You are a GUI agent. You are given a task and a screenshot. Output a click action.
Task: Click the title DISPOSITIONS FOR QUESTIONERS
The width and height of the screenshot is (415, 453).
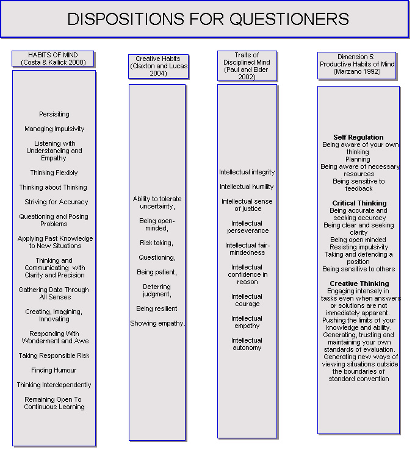point(208,19)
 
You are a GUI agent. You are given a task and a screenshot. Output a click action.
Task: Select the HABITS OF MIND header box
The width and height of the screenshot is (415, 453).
point(54,59)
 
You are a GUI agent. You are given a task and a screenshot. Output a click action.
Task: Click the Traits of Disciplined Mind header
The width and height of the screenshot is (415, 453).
point(247,66)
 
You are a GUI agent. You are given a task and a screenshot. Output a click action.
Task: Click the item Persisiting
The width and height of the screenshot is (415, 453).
point(54,114)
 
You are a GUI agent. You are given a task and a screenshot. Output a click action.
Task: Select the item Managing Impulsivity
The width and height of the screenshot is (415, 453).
point(54,129)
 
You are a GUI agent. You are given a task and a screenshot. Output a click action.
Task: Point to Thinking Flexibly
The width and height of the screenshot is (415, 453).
point(54,173)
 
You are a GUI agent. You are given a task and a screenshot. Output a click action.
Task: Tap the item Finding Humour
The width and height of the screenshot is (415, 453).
point(54,370)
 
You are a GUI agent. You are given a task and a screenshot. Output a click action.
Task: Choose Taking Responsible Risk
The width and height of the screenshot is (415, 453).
point(54,355)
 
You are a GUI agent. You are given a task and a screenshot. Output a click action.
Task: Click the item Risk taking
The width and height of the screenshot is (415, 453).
point(156,243)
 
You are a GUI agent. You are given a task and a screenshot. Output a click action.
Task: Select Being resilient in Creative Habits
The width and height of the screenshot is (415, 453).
point(156,309)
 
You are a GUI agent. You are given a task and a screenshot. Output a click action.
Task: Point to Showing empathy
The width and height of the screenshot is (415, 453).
point(157,323)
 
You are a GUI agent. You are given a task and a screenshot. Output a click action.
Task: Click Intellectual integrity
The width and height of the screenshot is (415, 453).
point(247,172)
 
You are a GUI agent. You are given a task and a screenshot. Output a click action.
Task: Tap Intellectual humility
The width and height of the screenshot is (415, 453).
point(247,187)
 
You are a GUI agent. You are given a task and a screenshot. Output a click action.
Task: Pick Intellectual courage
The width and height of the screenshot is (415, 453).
point(247,300)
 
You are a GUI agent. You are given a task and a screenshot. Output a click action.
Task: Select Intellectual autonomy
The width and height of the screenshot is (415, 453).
point(247,344)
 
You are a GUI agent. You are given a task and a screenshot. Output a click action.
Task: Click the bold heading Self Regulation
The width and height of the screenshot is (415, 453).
point(358,137)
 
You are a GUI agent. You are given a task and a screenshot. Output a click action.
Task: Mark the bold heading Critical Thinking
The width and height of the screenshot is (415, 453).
point(359,203)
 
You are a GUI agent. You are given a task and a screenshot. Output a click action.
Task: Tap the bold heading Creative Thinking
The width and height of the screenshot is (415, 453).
point(359,284)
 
